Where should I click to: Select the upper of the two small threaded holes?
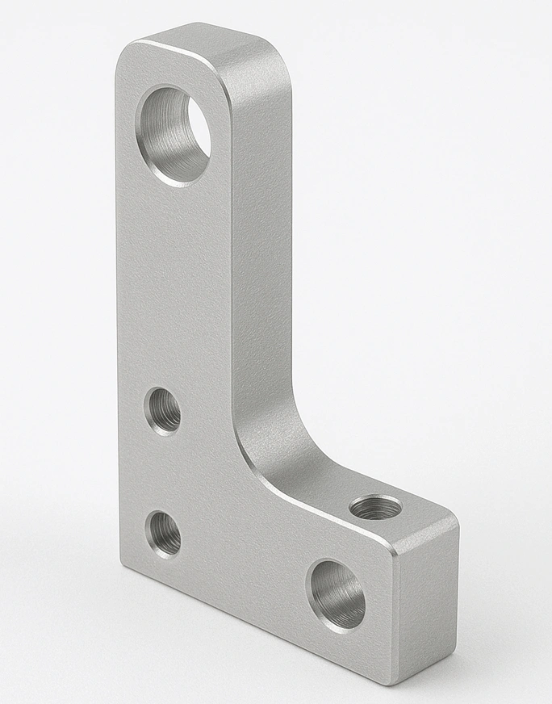click(162, 411)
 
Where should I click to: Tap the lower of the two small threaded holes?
click(163, 534)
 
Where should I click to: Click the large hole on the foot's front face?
click(336, 596)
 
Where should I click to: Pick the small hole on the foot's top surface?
click(376, 509)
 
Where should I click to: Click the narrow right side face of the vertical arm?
click(262, 242)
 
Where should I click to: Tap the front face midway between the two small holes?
click(162, 473)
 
